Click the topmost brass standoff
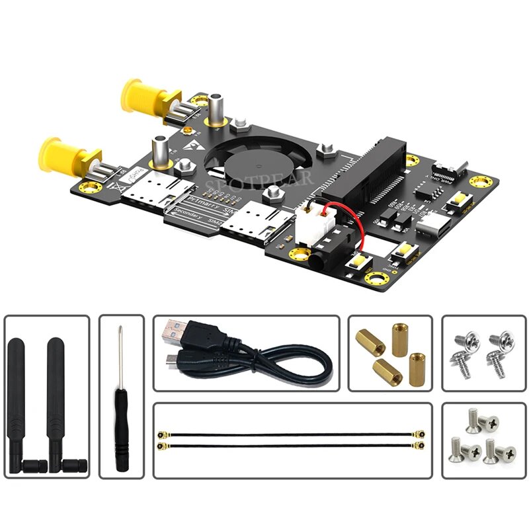pos(399,337)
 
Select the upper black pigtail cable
pos(292,434)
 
